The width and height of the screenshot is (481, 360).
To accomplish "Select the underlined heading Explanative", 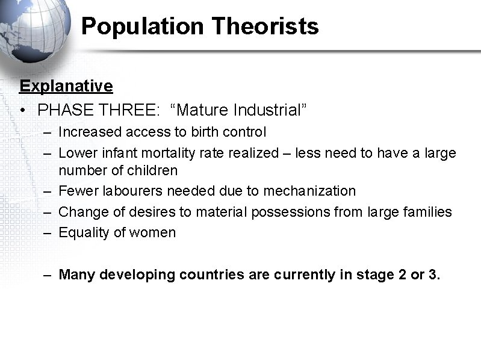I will click(x=66, y=86).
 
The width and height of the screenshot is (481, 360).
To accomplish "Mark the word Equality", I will click(x=81, y=232).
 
